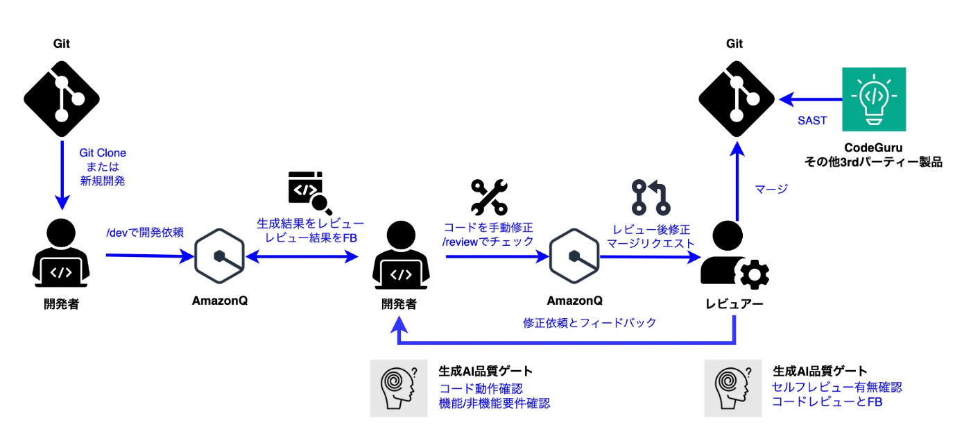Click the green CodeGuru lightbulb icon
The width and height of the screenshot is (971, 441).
pos(874,99)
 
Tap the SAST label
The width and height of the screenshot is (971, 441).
pos(812,121)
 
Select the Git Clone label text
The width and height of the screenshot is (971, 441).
pos(103,153)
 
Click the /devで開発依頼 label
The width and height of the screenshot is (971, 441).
pos(145,233)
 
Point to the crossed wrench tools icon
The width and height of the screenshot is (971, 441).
pos(490,197)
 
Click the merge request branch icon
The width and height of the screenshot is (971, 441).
pos(651,197)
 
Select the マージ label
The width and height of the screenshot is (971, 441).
pos(771,189)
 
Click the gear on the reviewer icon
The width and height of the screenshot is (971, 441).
pos(755,274)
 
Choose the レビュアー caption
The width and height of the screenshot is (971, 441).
pos(734,304)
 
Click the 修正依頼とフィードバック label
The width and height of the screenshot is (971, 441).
pos(590,323)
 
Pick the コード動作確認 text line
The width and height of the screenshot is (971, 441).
pos(481,388)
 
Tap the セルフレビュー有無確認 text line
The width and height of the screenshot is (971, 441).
pos(836,388)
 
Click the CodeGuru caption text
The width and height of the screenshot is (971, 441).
pos(873,147)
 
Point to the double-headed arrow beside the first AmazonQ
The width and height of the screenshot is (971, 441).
pos(302,257)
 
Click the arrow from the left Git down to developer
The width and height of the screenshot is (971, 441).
pos(62,175)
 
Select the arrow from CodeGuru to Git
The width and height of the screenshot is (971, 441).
pos(811,99)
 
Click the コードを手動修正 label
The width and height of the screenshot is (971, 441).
pos(488,228)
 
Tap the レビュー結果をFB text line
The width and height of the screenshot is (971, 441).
pos(311,238)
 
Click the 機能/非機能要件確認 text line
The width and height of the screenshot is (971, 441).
pos(494,403)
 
